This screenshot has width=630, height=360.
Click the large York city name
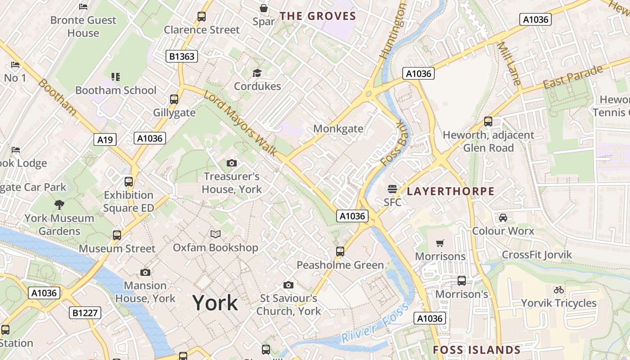tap(215, 303)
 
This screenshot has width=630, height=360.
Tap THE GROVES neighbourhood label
tap(318, 17)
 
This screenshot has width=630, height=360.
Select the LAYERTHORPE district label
tap(450, 191)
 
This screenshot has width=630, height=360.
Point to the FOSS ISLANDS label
tap(477, 350)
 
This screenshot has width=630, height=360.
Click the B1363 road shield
tap(182, 56)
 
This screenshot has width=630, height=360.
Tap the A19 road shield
tap(105, 139)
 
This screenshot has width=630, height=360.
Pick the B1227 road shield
tap(85, 312)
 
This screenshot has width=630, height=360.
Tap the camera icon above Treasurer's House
tap(232, 163)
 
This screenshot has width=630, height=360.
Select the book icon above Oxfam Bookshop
tap(216, 234)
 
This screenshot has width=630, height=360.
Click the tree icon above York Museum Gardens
tap(59, 205)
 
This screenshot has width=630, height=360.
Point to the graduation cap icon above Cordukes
tap(257, 73)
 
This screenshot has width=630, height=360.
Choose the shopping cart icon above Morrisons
tap(440, 243)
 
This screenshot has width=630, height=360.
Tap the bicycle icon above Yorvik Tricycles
tap(559, 290)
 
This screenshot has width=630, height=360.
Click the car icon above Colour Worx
tap(503, 218)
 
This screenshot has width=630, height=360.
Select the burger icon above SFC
tap(392, 189)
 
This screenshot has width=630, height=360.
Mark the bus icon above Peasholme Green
tap(340, 252)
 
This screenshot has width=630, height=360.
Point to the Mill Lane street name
tap(509, 63)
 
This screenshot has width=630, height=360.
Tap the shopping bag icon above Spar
tap(264, 8)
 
